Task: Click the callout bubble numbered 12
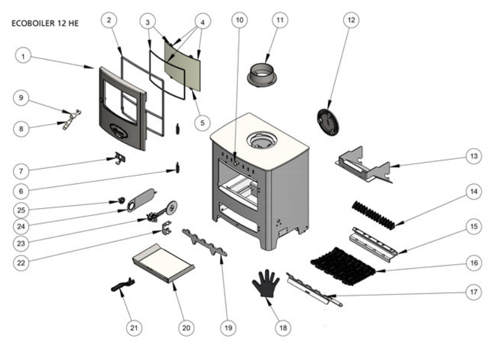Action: (x=350, y=19)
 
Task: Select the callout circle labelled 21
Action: (x=133, y=327)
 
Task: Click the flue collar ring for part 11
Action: (x=264, y=75)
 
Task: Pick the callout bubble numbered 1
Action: (x=22, y=56)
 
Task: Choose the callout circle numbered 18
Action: (x=282, y=327)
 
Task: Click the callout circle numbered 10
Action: (x=240, y=19)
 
